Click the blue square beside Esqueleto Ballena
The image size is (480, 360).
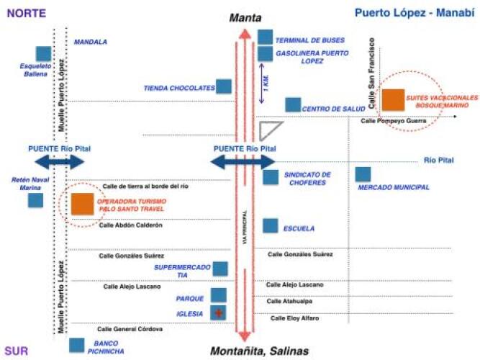pos(43,54)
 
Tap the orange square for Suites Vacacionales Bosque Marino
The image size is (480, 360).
pos(393,99)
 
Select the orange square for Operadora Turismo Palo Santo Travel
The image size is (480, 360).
pos(82,204)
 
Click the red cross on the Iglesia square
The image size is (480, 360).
pos(218,313)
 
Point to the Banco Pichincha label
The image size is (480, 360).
pos(105,348)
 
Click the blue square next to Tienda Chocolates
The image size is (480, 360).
pos(224,87)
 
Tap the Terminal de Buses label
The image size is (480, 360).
pos(309,40)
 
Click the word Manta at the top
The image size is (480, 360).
pos(245,18)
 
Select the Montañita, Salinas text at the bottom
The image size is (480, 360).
pos(259,351)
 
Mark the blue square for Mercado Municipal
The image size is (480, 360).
pos(363,174)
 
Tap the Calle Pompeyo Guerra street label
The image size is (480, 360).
pos(394,121)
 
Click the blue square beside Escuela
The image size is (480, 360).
pos(270,226)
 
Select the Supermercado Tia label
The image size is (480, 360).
pos(171,271)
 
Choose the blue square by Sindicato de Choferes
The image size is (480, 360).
pos(270,177)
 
